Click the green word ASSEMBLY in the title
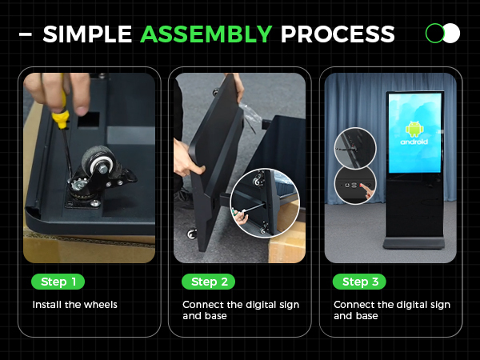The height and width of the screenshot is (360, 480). [206, 34]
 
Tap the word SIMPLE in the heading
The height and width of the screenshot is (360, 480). [87, 34]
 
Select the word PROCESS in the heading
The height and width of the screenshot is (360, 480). [338, 34]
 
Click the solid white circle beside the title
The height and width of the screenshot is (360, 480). [451, 33]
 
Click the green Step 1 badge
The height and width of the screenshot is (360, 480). [58, 282]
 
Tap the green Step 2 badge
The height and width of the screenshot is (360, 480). [209, 282]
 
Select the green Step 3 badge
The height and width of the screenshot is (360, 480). [359, 282]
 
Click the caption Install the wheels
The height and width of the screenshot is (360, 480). [74, 305]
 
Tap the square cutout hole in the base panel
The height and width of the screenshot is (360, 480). [89, 120]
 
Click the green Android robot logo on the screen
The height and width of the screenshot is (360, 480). [414, 129]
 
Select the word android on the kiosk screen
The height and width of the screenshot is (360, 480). [414, 142]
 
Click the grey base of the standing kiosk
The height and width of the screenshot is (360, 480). [414, 242]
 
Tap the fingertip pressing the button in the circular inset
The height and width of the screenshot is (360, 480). [362, 186]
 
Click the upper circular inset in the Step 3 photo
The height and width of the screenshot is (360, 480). [355, 148]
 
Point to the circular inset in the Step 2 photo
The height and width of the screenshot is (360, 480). [265, 203]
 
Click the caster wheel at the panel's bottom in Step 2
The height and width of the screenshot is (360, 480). [192, 234]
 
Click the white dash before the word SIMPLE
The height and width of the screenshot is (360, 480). [26, 34]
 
